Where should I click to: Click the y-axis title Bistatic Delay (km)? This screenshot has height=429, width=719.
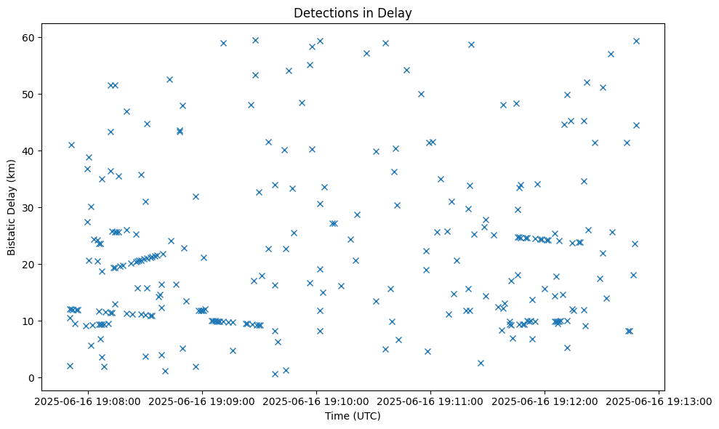point(12,207)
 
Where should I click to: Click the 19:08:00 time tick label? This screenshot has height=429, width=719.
point(87,401)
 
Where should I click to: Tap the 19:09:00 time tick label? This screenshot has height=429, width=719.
point(201,401)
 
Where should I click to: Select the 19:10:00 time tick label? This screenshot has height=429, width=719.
point(316,401)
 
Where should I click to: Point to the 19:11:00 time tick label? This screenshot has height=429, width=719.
point(430,401)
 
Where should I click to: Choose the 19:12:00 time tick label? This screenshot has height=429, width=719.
point(545,401)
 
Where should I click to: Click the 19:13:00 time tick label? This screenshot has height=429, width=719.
point(659,401)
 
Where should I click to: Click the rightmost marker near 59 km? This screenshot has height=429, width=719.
point(636,41)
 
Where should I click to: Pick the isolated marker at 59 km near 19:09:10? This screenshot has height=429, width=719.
point(223,43)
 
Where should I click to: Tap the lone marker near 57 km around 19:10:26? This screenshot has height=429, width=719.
point(366,53)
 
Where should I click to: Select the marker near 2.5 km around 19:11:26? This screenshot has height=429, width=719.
point(481,363)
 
